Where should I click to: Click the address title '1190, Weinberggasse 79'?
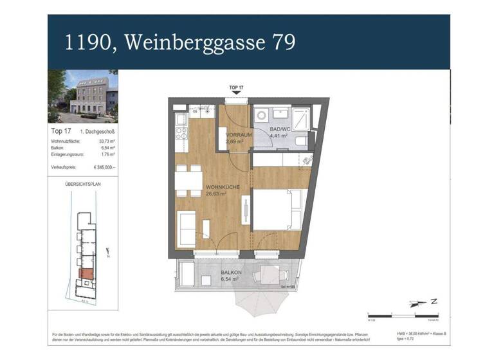(180, 42)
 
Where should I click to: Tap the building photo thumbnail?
(82, 96)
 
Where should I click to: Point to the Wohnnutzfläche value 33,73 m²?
(106, 140)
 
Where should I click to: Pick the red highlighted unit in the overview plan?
(86, 274)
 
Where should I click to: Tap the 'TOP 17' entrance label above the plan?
(237, 87)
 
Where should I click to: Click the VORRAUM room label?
(237, 135)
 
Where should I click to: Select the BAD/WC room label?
(280, 129)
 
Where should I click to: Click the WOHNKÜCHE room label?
(223, 187)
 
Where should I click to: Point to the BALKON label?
(232, 273)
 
